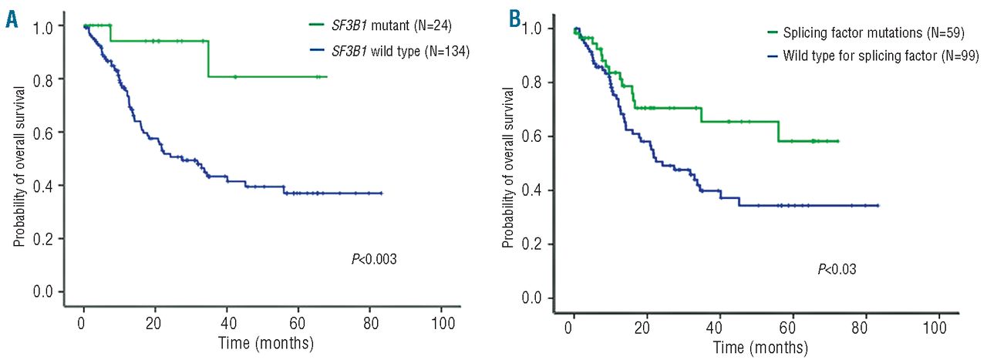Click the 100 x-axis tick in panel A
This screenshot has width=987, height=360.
coord(442,321)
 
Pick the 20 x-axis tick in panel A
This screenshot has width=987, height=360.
coord(154,321)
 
